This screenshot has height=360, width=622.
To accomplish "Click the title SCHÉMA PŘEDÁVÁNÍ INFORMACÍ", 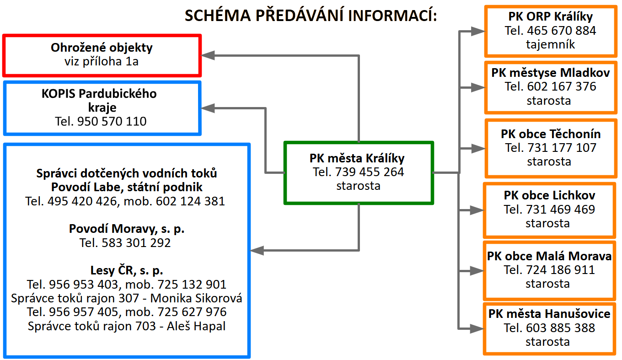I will pyautogui.click(x=311, y=16).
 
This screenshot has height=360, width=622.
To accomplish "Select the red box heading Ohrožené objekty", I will pyautogui.click(x=102, y=48).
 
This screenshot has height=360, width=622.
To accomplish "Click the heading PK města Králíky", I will pyautogui.click(x=357, y=158).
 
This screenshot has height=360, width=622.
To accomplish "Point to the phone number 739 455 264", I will pyautogui.click(x=370, y=172).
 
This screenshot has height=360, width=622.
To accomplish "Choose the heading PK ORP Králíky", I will pyautogui.click(x=551, y=17).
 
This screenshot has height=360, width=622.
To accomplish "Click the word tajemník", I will pyautogui.click(x=551, y=44).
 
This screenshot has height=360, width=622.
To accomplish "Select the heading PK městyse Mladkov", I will pyautogui.click(x=551, y=72).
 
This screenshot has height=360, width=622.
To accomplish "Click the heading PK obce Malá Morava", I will pyautogui.click(x=549, y=256).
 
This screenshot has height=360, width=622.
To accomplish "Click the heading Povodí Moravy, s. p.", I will pyautogui.click(x=127, y=229).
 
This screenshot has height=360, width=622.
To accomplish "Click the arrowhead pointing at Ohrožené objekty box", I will pyautogui.click(x=208, y=55).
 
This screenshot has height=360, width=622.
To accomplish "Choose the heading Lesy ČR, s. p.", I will pyautogui.click(x=127, y=270).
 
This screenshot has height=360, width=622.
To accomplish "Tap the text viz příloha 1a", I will pyautogui.click(x=102, y=61).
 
